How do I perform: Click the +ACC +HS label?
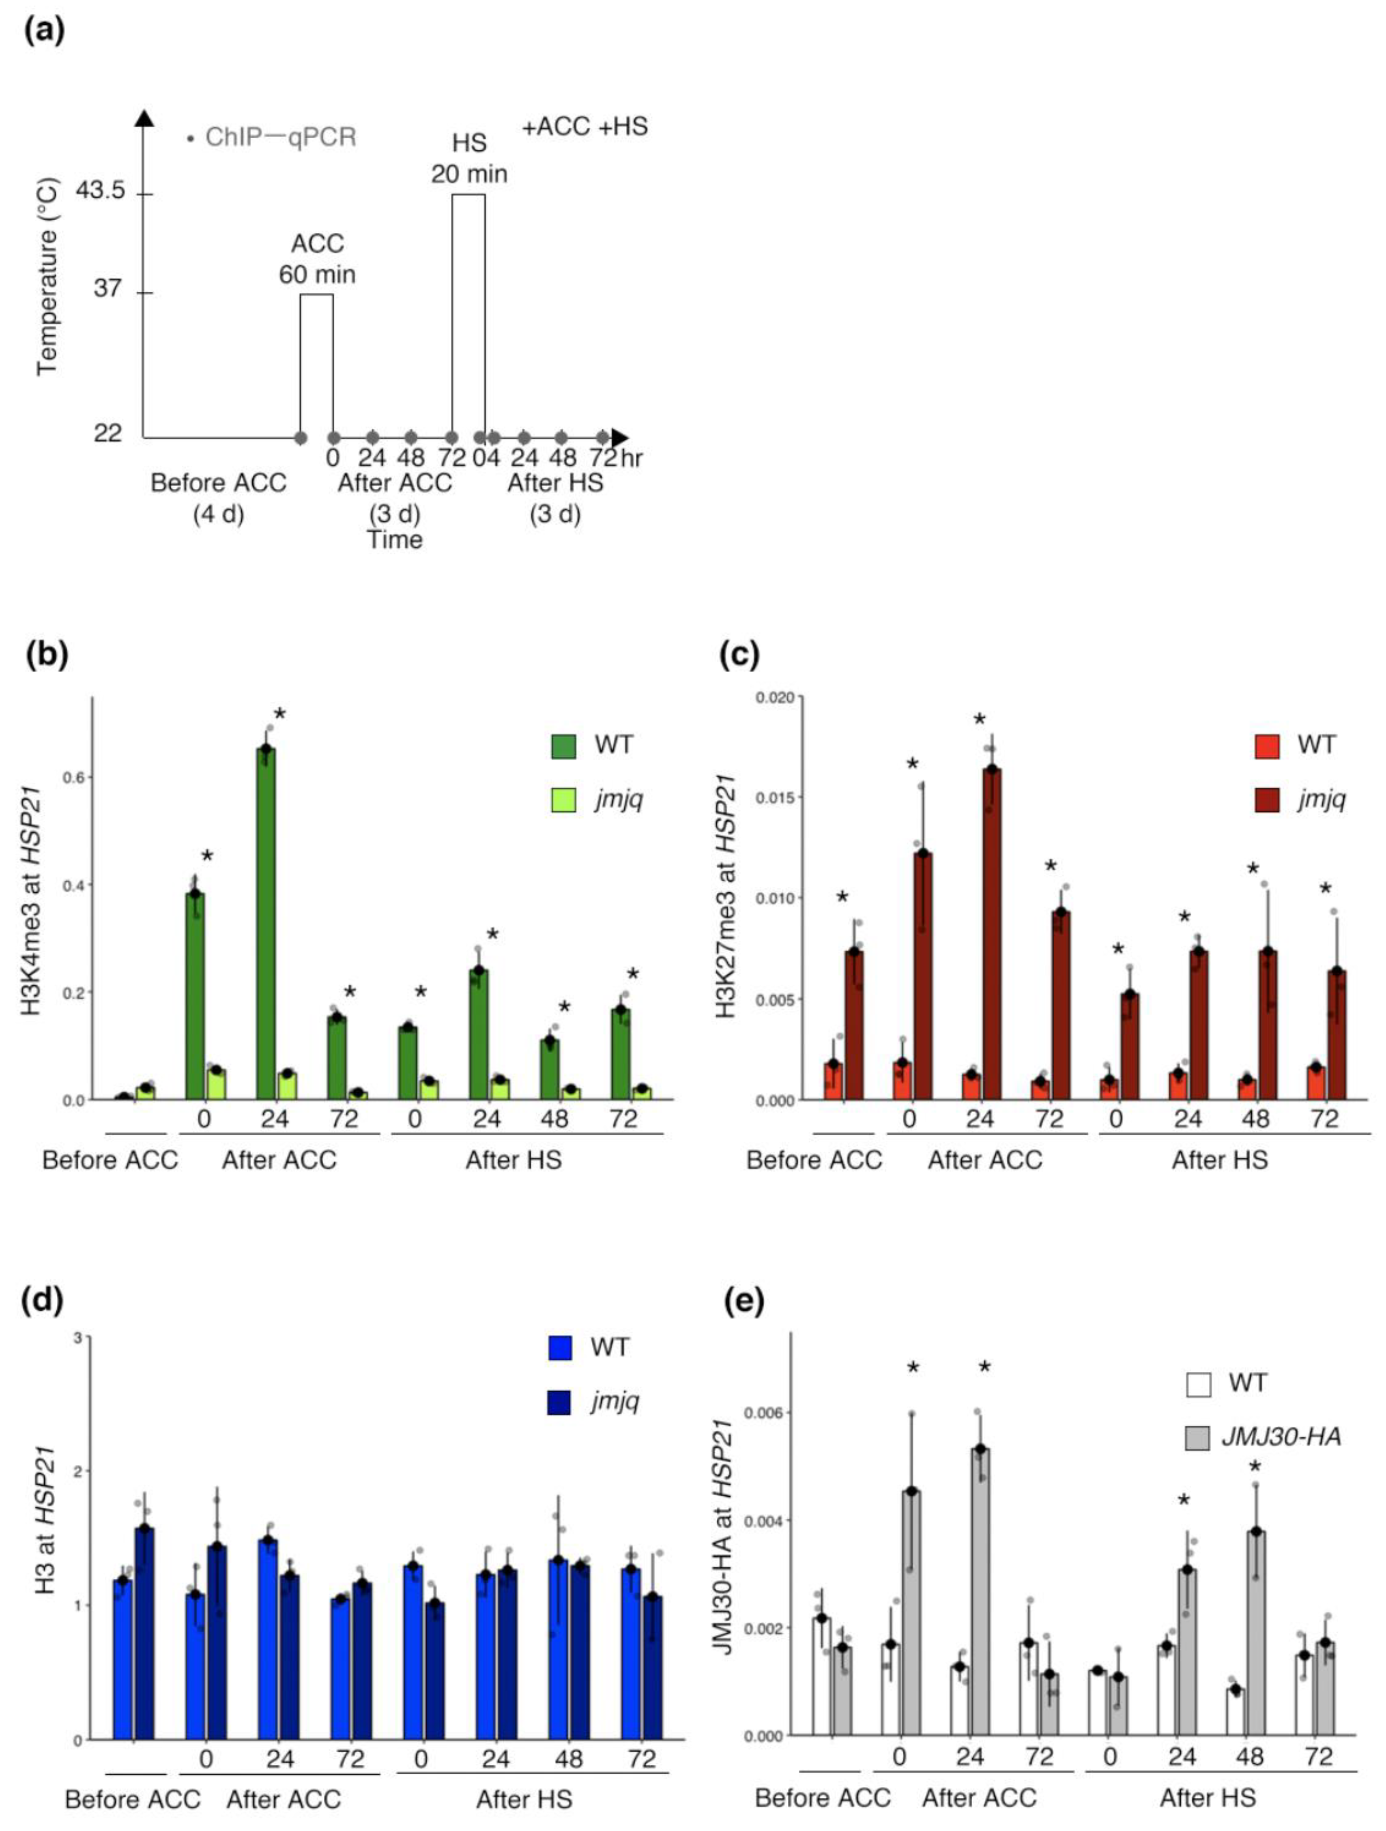[x=584, y=127]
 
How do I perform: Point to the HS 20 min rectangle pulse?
[x=468, y=314]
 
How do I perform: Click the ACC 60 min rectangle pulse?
[x=316, y=364]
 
